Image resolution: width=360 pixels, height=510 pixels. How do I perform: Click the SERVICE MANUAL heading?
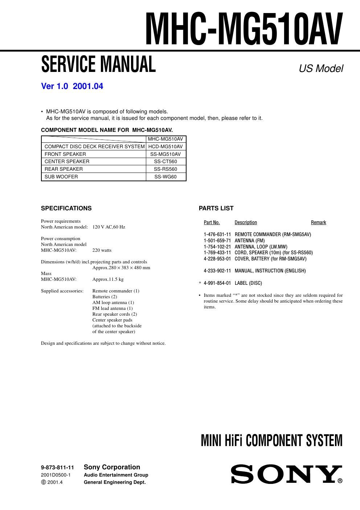[x=98, y=65]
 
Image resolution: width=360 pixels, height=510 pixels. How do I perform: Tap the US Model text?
[x=321, y=68]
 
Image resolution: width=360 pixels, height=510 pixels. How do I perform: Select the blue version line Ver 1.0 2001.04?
[x=72, y=86]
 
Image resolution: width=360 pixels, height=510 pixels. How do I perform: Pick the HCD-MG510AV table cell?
[x=165, y=146]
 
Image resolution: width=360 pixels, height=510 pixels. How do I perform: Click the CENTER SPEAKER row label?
[x=67, y=161]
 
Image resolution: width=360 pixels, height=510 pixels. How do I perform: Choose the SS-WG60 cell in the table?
[x=165, y=177]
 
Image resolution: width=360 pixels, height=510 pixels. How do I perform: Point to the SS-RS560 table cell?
[x=165, y=169]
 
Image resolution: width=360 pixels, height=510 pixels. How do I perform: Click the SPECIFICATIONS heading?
[x=66, y=208]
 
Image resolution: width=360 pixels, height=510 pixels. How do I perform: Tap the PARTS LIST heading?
[x=216, y=208]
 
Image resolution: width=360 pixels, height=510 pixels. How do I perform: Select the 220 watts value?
[x=102, y=250]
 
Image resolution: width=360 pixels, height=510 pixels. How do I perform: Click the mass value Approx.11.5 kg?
[x=108, y=279]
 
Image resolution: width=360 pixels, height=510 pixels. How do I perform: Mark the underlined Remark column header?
[x=318, y=222]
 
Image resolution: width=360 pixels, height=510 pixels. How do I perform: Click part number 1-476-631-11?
[x=217, y=234]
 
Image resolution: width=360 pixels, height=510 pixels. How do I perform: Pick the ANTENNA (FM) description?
[x=250, y=240]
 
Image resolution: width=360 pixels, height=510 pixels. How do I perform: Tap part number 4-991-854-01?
[x=217, y=283]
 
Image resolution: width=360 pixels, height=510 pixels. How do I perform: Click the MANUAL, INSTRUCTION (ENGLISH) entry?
[x=270, y=271]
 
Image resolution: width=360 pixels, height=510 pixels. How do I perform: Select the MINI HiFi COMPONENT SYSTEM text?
[x=271, y=441]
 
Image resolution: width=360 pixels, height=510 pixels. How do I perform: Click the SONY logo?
[x=285, y=474]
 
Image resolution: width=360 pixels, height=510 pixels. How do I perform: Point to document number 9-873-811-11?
[x=57, y=467]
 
